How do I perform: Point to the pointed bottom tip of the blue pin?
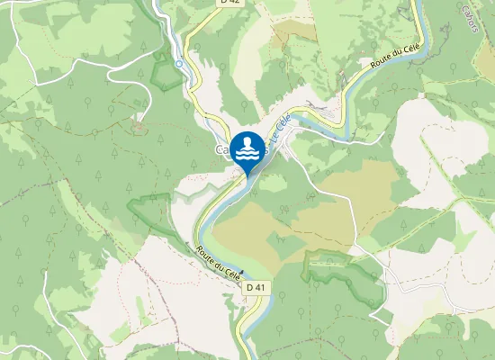(247, 176)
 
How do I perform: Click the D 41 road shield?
(256, 287)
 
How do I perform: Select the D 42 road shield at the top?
(230, 3)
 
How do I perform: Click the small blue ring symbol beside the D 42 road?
(179, 64)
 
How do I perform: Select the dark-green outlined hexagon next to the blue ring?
(164, 73)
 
